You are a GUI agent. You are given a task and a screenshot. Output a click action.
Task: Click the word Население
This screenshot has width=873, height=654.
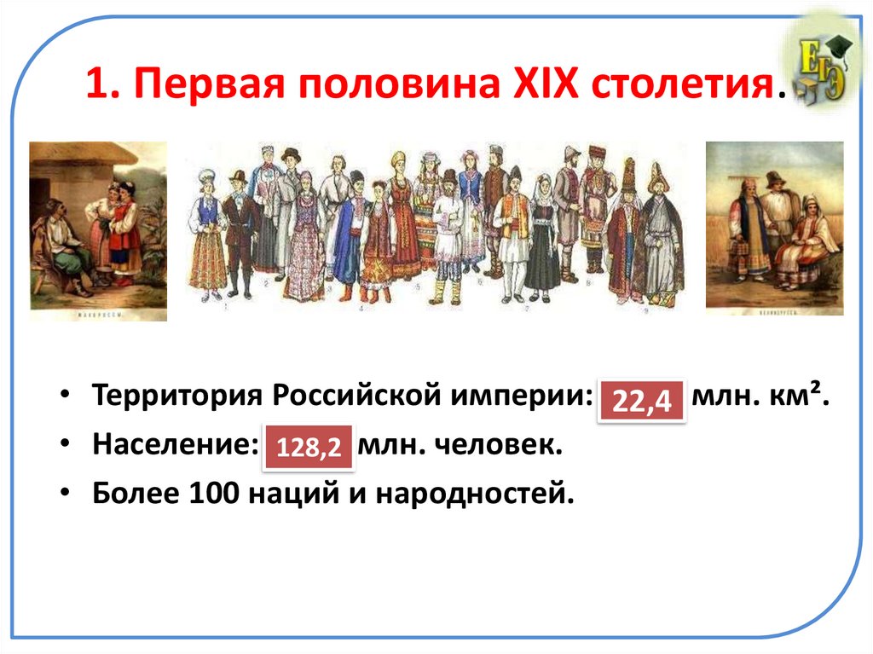(x=171, y=445)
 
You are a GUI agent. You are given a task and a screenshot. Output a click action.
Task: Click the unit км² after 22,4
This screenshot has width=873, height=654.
(x=801, y=398)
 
